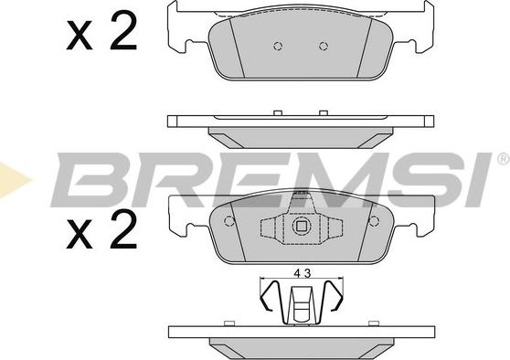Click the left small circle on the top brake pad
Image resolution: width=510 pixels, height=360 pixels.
click(x=278, y=47)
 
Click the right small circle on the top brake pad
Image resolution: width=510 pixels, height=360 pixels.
click(x=324, y=47)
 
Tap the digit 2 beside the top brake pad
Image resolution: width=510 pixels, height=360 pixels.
click(x=123, y=30)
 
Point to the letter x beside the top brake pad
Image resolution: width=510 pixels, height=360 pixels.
click(x=80, y=36)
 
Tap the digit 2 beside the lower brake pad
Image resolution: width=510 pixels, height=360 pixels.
click(x=123, y=229)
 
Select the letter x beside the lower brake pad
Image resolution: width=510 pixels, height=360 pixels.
click(x=80, y=235)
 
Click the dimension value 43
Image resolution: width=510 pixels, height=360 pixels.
click(x=303, y=273)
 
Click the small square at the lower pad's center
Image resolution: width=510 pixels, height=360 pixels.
click(x=302, y=226)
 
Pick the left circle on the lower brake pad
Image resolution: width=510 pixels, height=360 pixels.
click(x=229, y=221)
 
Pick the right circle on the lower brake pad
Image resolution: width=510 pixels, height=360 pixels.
click(x=374, y=221)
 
